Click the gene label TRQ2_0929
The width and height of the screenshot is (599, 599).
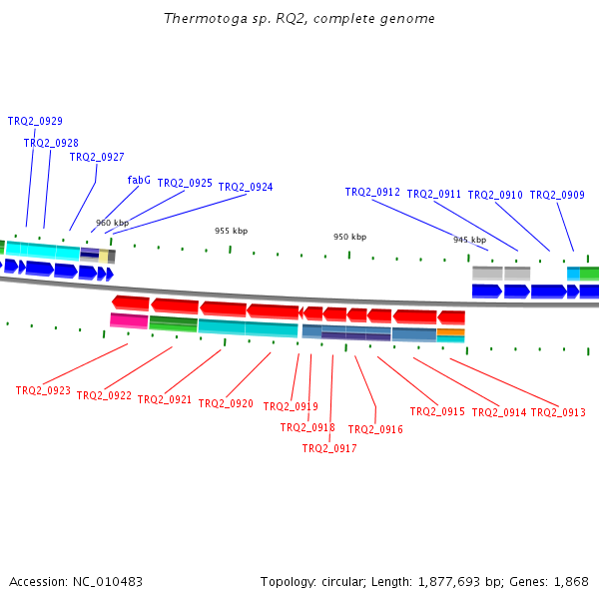coord(35,121)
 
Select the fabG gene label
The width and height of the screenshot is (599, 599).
coord(139,181)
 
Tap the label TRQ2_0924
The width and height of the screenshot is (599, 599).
coord(246,187)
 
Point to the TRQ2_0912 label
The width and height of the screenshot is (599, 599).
coord(372,193)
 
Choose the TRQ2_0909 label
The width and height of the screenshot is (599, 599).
coord(557,195)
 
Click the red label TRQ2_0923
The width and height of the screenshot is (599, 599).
coord(43,390)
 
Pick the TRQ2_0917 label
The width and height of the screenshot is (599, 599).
coord(329,448)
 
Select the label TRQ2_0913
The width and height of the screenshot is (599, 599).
coord(558,412)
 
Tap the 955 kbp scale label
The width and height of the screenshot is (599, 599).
coord(231,231)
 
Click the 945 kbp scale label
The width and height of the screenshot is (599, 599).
coord(469,240)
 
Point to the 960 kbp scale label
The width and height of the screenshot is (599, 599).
coord(112,223)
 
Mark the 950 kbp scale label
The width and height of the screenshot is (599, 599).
coord(349,237)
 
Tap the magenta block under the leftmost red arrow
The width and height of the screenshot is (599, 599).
coord(129,320)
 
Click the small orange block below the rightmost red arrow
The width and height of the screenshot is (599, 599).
coord(450,331)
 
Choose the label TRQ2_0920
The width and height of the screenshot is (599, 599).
coord(226,403)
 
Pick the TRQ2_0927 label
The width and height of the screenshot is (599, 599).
coord(97,157)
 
